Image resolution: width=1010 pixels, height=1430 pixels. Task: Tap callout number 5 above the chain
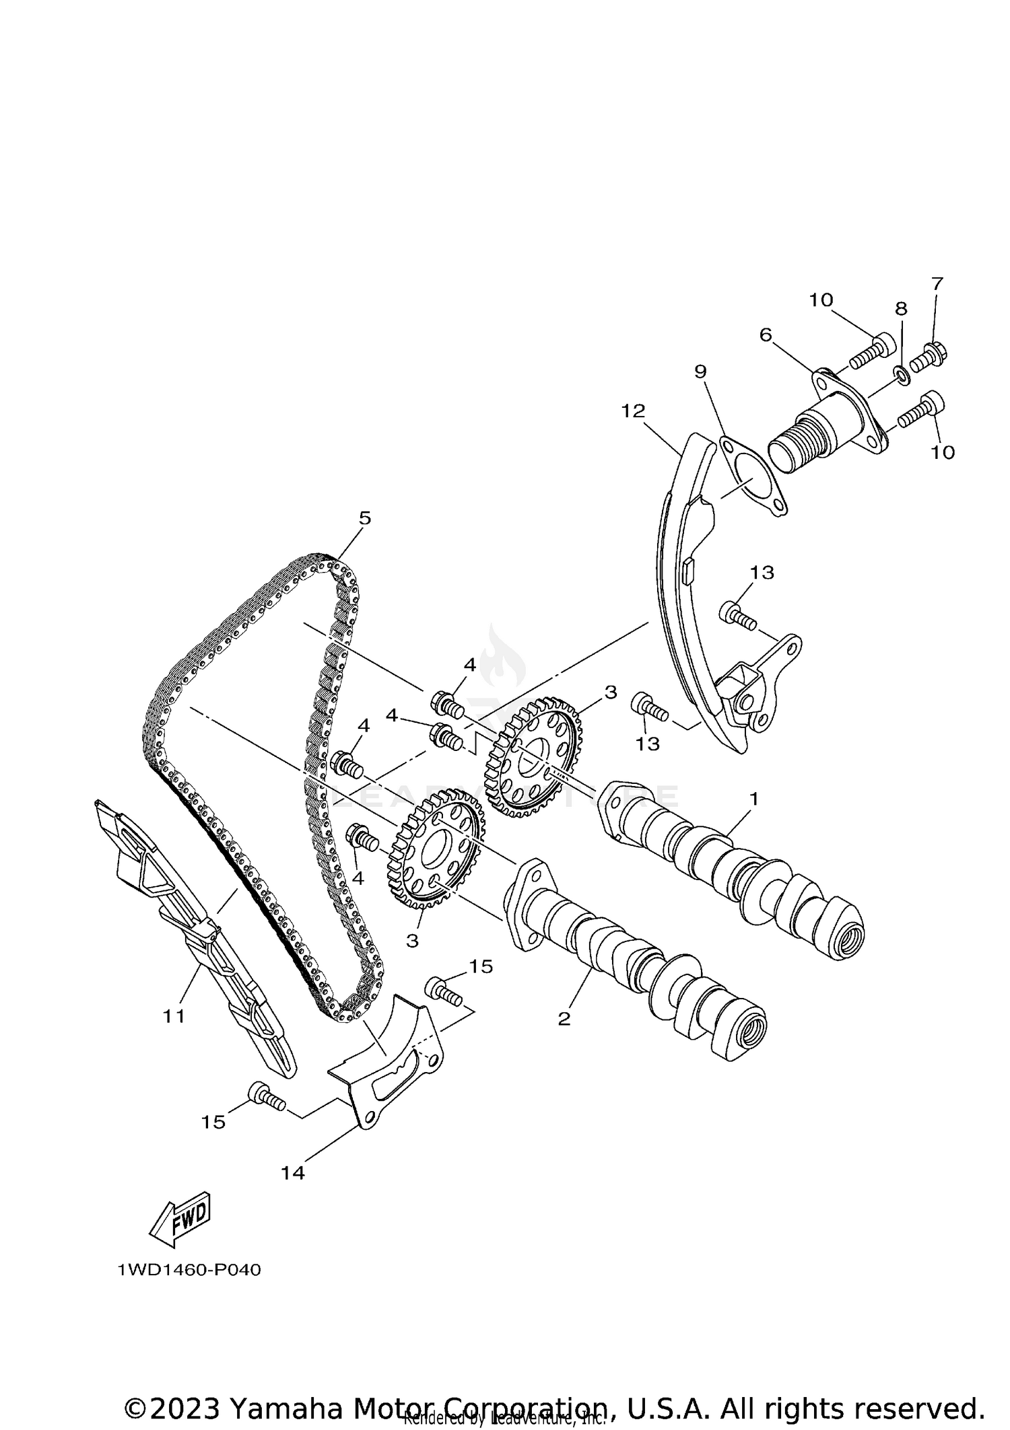tap(364, 517)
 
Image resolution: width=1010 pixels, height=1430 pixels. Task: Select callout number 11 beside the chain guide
tap(174, 1016)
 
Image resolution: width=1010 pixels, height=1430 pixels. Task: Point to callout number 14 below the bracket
tap(293, 1173)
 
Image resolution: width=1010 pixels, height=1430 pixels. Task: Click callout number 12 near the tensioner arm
tap(633, 410)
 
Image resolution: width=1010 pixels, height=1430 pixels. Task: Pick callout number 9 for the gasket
tap(700, 371)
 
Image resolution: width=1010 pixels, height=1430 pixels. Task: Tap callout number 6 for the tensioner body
tap(766, 334)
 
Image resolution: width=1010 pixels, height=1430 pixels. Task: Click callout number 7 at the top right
tap(937, 283)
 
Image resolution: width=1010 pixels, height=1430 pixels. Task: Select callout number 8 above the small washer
tap(901, 309)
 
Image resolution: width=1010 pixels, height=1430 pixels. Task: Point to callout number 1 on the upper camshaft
tap(754, 799)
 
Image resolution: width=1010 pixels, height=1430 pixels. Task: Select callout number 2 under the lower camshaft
tap(564, 1018)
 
